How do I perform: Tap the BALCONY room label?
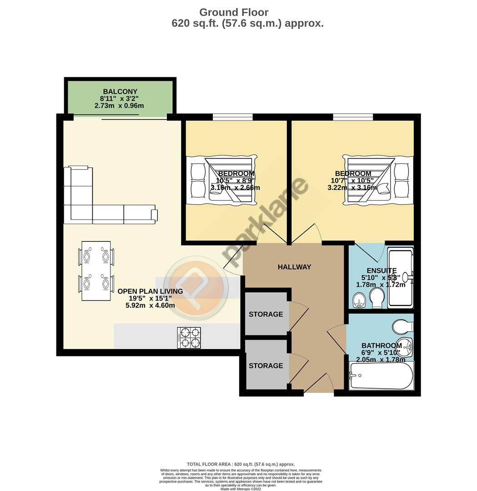[120, 91]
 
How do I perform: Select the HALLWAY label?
[294, 267]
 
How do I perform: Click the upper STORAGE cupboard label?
[266, 314]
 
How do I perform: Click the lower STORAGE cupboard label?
[266, 366]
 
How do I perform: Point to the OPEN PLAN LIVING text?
[150, 291]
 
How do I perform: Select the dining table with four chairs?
[96, 271]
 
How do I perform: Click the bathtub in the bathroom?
[381, 376]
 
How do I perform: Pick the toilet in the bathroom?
[402, 326]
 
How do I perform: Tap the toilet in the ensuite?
[377, 299]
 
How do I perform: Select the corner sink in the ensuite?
[359, 300]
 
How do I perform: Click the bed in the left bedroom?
[221, 180]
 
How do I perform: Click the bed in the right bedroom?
[379, 180]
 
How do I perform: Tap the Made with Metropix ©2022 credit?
[241, 489]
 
